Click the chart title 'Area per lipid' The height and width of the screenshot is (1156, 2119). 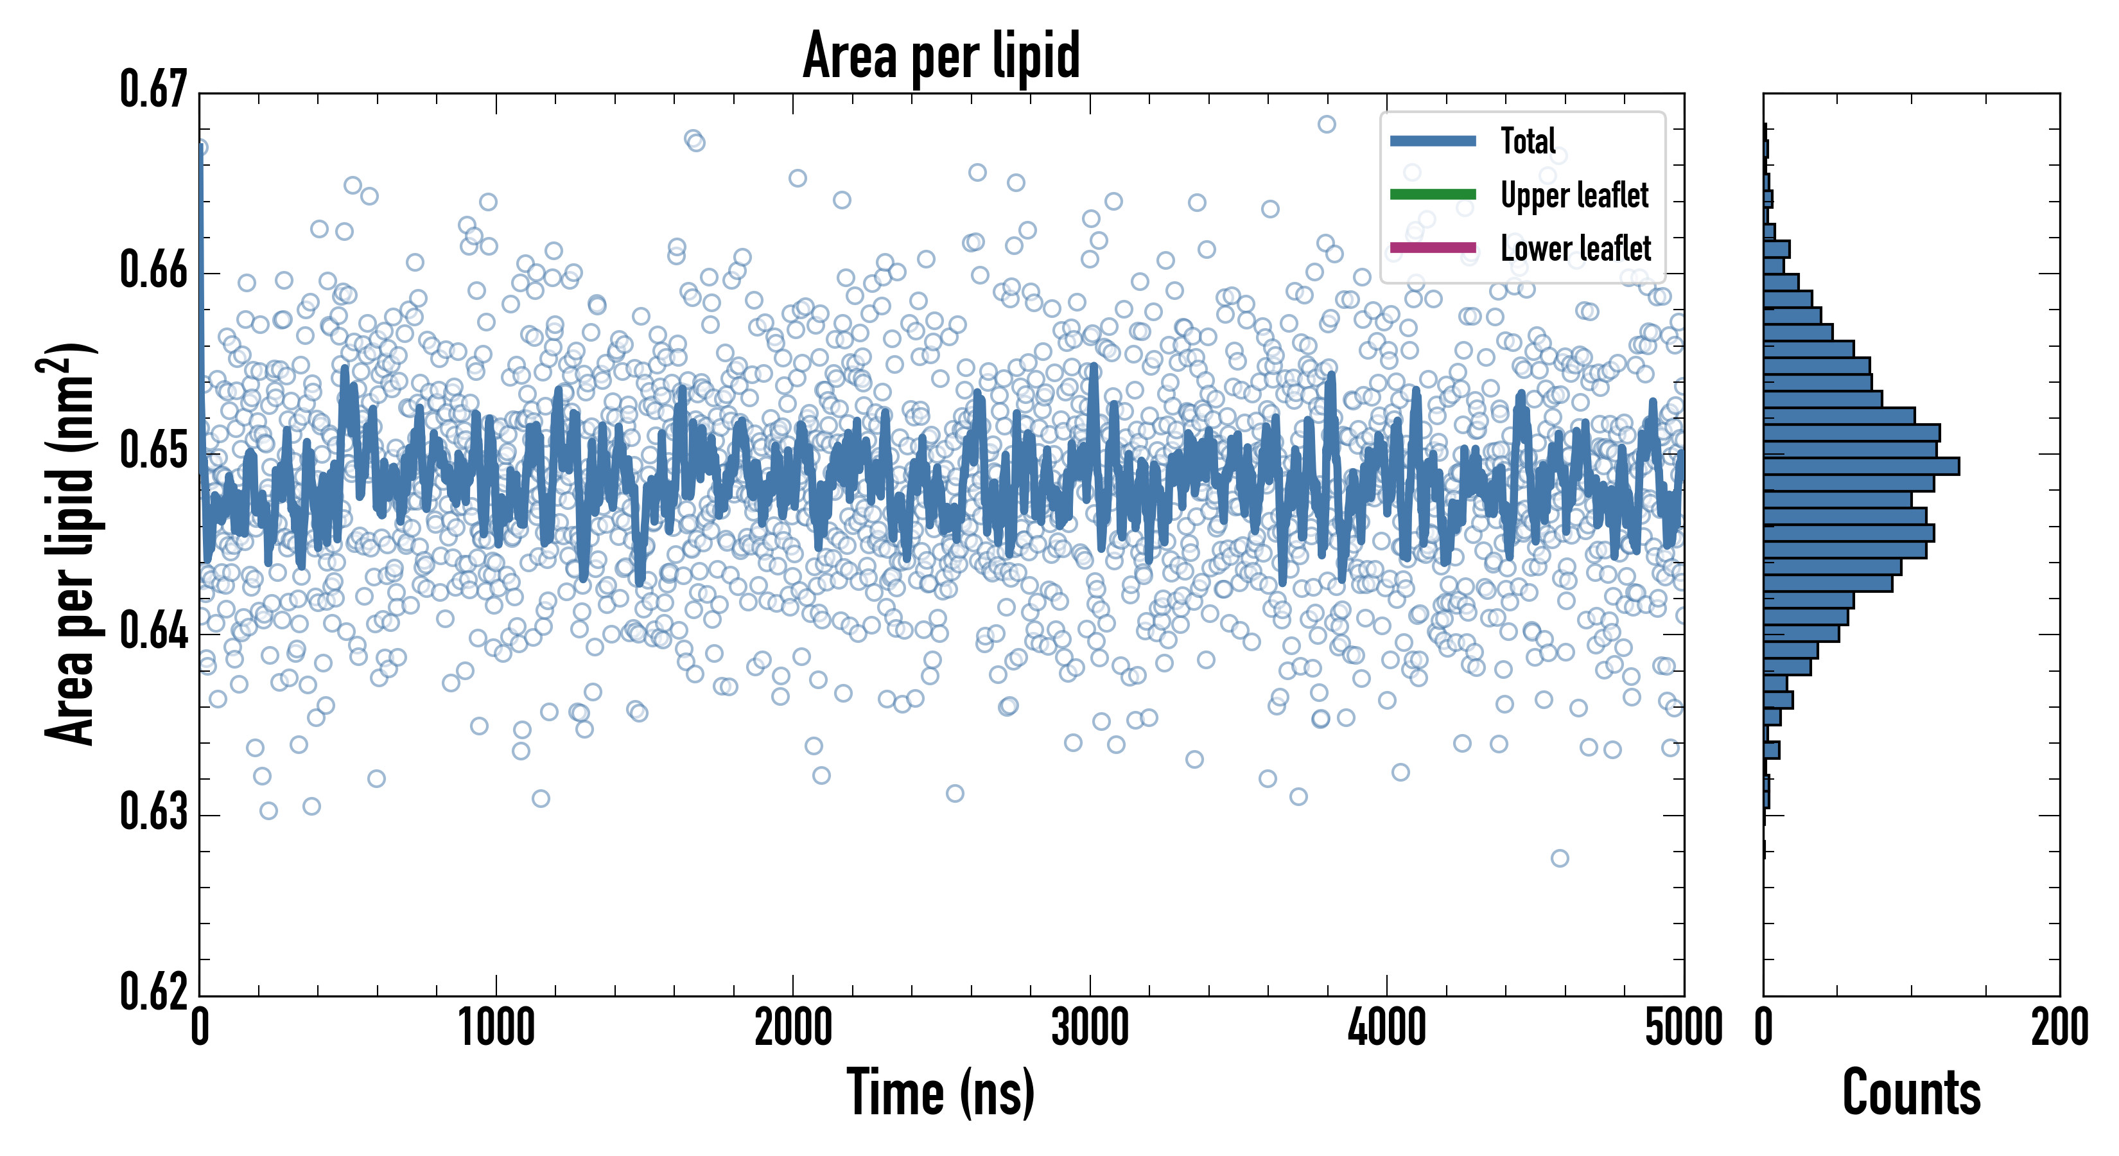pyautogui.click(x=941, y=56)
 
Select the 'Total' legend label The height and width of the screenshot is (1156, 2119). pyautogui.click(x=1528, y=141)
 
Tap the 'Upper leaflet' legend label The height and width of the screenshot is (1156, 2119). pyautogui.click(x=1574, y=195)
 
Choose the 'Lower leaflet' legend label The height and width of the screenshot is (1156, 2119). pyautogui.click(x=1575, y=248)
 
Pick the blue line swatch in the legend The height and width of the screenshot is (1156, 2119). pyautogui.click(x=1432, y=141)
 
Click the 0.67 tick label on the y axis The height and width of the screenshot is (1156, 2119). pyautogui.click(x=154, y=90)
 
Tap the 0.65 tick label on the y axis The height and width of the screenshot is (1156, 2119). pyautogui.click(x=154, y=451)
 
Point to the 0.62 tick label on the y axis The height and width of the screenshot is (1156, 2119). pyautogui.click(x=154, y=992)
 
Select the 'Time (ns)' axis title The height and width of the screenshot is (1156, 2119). pyautogui.click(x=941, y=1092)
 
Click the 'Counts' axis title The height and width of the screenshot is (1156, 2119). pyautogui.click(x=1911, y=1092)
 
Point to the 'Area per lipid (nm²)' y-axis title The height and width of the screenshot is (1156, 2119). pyautogui.click(x=70, y=543)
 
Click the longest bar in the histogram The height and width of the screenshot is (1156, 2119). pyautogui.click(x=1861, y=466)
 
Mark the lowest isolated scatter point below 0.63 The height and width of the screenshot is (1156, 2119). pyautogui.click(x=1559, y=858)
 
